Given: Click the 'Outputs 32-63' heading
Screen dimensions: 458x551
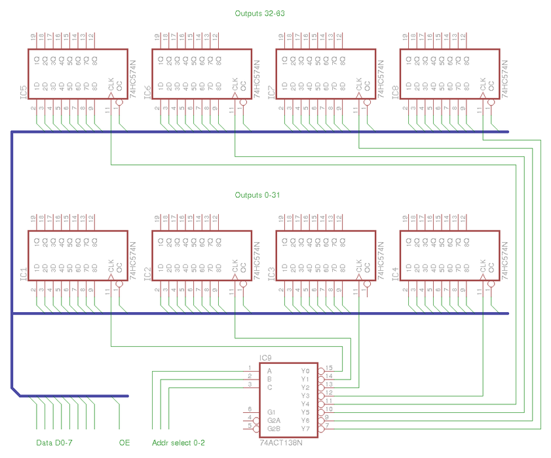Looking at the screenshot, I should pos(260,13).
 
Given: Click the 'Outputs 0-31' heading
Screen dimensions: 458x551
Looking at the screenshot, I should pos(257,195).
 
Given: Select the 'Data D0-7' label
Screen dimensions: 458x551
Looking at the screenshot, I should pos(54,443).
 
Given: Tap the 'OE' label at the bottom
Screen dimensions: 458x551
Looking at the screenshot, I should pos(124,443).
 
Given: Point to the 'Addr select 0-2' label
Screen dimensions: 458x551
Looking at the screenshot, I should pos(178,443).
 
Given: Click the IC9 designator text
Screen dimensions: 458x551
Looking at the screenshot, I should pos(266,358).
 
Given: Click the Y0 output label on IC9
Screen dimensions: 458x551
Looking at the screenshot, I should pos(305,371).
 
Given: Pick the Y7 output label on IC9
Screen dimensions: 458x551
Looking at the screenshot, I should pos(305,429).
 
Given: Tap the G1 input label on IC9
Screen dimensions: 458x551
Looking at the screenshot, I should pos(271,412).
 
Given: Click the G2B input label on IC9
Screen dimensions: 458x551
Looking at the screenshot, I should pos(273,429).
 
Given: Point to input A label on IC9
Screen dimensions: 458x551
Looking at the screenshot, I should pos(269,371).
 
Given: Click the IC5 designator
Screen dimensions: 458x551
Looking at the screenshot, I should pos(23,92).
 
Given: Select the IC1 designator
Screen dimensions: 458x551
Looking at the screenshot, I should pos(23,274).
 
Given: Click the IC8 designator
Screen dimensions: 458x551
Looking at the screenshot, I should pos(395,92).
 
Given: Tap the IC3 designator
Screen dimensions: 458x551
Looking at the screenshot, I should pos(271,274).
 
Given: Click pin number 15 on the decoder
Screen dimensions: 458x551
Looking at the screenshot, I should pos(329,368).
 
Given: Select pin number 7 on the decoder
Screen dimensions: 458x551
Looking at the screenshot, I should pos(327,425).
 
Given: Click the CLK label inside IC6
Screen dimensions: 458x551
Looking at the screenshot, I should pos(235,84).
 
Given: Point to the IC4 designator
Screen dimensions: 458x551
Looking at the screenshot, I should pos(395,274).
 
